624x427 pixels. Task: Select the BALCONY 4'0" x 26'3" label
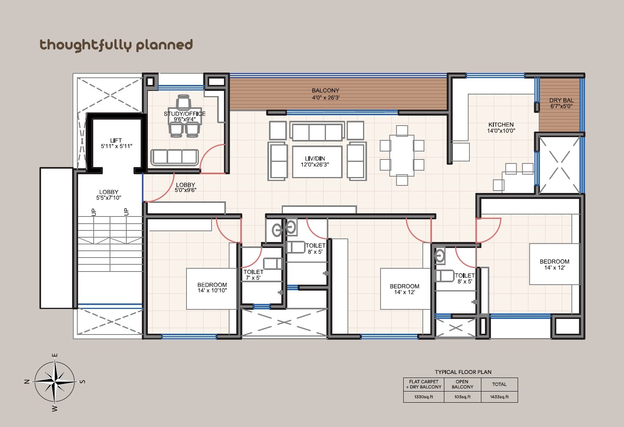[x=326, y=94]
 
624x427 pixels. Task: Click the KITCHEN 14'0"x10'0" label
[x=501, y=128]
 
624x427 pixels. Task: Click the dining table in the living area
[x=402, y=155]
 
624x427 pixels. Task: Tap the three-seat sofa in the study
[x=175, y=157]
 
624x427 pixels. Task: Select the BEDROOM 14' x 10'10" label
[x=212, y=287]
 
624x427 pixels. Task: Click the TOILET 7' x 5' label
[x=253, y=275]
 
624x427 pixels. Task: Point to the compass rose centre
[x=55, y=382]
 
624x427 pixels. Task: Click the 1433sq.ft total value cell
[x=499, y=397]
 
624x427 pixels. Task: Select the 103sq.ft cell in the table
[x=462, y=397]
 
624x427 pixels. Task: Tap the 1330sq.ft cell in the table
[x=424, y=397]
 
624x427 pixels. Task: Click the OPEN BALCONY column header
[x=462, y=384]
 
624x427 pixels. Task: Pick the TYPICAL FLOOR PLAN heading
[x=463, y=372]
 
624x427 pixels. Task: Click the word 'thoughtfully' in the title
[x=85, y=45]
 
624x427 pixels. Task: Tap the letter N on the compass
[x=27, y=382]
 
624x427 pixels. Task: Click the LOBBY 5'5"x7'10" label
[x=108, y=195]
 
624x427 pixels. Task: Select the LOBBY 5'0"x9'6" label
[x=185, y=187]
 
